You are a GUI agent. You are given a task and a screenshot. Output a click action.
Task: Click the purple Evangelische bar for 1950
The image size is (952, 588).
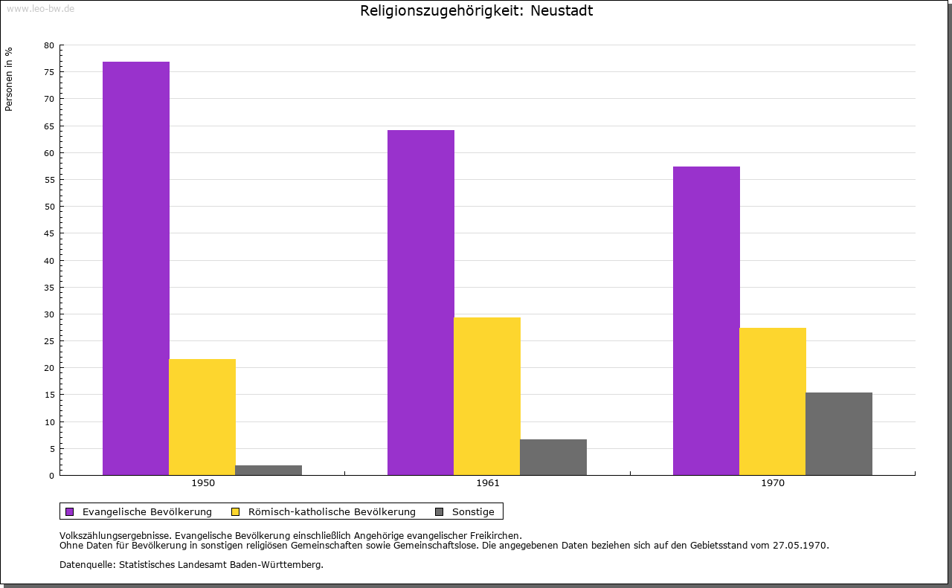pyautogui.click(x=136, y=268)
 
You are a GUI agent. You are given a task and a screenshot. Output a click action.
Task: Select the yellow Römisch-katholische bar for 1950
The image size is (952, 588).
pyautogui.click(x=202, y=416)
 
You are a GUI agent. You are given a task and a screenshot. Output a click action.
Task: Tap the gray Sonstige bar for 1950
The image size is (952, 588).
pyautogui.click(x=268, y=470)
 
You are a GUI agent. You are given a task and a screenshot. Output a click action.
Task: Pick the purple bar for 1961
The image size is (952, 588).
pyautogui.click(x=421, y=302)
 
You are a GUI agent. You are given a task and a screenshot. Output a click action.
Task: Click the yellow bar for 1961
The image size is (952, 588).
pyautogui.click(x=487, y=395)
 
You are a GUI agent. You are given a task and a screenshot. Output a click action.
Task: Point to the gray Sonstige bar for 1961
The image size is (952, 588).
pyautogui.click(x=553, y=456)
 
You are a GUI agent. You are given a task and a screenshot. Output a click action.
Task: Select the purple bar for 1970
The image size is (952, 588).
pyautogui.click(x=707, y=320)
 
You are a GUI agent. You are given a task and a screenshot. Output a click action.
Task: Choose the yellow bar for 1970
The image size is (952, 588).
pyautogui.click(x=773, y=401)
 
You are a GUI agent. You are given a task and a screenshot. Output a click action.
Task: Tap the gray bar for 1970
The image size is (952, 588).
pyautogui.click(x=839, y=433)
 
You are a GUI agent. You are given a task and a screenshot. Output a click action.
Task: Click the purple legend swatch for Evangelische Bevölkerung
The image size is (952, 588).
pyautogui.click(x=70, y=511)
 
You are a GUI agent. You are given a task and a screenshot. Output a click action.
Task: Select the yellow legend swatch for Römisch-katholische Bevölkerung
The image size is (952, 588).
pyautogui.click(x=236, y=511)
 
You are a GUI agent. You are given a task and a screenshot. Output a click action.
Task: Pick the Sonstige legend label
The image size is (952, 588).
pyautogui.click(x=473, y=511)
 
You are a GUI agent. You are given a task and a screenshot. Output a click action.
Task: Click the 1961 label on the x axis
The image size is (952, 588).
pyautogui.click(x=488, y=483)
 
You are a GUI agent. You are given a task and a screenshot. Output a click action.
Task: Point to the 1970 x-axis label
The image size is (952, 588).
pyautogui.click(x=773, y=483)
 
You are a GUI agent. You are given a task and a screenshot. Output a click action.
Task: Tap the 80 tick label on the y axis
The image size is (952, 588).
pyautogui.click(x=49, y=45)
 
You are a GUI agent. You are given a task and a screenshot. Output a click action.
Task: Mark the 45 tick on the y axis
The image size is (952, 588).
pyautogui.click(x=49, y=233)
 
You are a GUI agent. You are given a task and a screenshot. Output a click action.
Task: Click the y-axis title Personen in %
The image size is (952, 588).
pyautogui.click(x=9, y=79)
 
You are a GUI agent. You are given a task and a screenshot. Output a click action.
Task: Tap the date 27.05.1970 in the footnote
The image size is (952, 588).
pyautogui.click(x=802, y=545)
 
